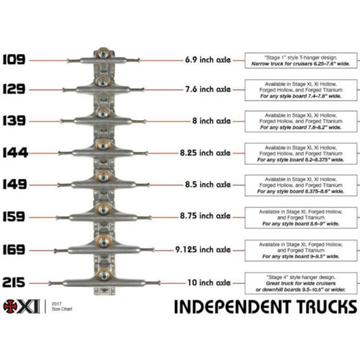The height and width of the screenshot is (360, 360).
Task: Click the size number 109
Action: click(x=14, y=59)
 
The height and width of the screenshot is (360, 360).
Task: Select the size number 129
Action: click(x=14, y=89)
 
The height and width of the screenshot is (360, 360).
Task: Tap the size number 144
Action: click(x=14, y=153)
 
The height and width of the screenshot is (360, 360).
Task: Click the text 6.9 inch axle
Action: click(x=207, y=60)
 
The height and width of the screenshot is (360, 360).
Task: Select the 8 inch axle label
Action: click(x=213, y=121)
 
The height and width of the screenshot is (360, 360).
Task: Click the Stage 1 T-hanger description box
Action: click(x=300, y=60)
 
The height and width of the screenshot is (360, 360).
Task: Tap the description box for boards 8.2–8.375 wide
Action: click(x=300, y=154)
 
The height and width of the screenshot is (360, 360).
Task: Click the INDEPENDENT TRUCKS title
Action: click(x=265, y=307)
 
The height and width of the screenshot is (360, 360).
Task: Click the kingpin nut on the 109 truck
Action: click(x=103, y=53)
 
